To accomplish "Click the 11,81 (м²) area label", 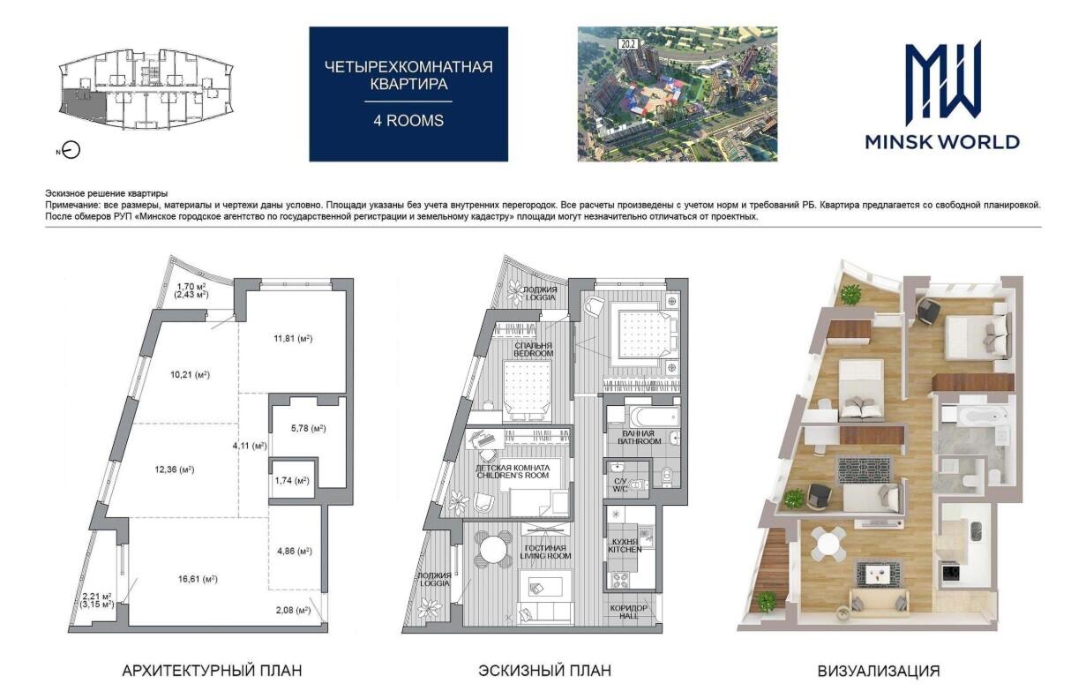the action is click(293, 339).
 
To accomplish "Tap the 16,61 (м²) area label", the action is click(198, 579).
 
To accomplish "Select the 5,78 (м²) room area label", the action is click(309, 429).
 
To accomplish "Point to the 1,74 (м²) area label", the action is click(292, 480).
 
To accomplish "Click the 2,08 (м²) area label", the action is click(293, 610).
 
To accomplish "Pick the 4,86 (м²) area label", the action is click(295, 551).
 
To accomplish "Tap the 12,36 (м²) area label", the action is click(174, 469).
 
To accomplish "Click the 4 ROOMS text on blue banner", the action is click(408, 121).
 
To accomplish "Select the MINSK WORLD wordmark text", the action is click(942, 142).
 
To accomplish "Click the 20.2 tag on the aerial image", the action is click(628, 44).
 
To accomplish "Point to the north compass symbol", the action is click(71, 150).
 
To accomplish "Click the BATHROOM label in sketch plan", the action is click(639, 441).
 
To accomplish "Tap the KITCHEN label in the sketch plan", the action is click(625, 550).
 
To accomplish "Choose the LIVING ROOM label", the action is click(545, 556).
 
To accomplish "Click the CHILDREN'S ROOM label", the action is click(513, 476).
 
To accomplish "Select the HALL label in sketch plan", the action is click(628, 616).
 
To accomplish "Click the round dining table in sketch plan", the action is click(494, 550).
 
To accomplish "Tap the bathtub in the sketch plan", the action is click(654, 417).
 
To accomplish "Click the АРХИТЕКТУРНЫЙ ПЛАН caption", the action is click(212, 671).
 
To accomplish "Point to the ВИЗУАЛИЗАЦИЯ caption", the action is click(879, 671).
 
